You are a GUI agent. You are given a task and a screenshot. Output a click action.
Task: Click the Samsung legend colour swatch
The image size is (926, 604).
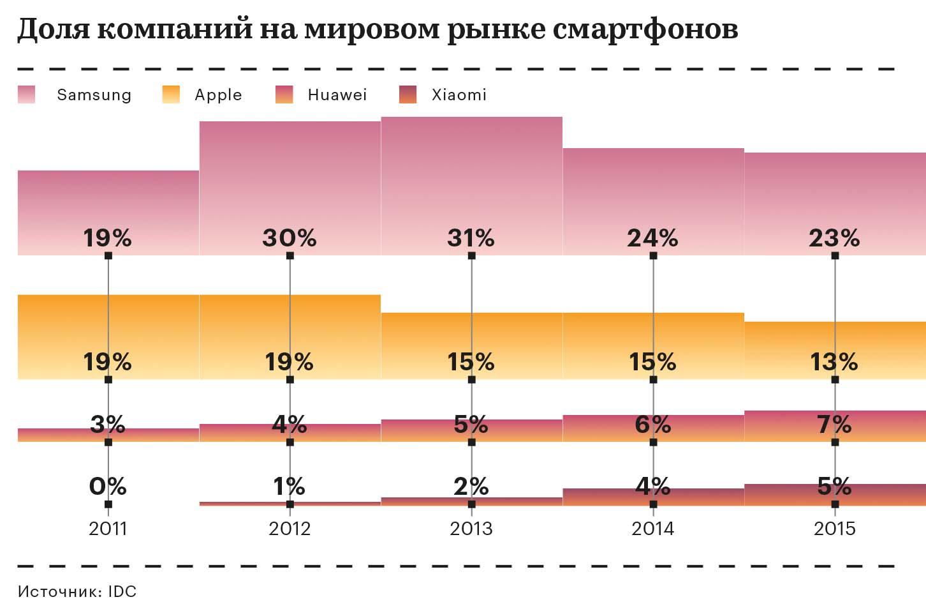pyautogui.click(x=27, y=94)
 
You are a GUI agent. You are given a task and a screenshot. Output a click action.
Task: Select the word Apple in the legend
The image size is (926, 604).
pyautogui.click(x=218, y=94)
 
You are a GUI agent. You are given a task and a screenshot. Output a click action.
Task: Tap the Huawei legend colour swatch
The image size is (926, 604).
pyautogui.click(x=284, y=94)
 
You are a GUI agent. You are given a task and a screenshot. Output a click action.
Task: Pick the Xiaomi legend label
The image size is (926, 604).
pyautogui.click(x=459, y=94)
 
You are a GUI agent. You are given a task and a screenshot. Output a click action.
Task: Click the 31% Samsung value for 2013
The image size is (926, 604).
pyautogui.click(x=471, y=238)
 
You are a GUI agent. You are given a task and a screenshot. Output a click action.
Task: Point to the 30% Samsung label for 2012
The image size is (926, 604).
pyautogui.click(x=290, y=238)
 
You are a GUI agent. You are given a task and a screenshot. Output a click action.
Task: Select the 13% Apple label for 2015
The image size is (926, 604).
pyautogui.click(x=834, y=362)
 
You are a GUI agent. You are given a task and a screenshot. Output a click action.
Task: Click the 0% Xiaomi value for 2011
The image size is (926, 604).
pyautogui.click(x=108, y=487)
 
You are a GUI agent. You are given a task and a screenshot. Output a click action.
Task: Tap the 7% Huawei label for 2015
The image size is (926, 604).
pyautogui.click(x=834, y=424)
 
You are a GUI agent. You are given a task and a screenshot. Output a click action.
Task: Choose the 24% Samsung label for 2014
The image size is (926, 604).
pyautogui.click(x=652, y=238)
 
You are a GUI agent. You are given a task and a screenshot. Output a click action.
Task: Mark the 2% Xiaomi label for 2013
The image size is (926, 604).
pyautogui.click(x=471, y=487)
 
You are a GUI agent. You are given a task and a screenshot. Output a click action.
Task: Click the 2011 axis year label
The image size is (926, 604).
pyautogui.click(x=108, y=529)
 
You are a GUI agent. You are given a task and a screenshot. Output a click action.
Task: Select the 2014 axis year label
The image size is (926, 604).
pyautogui.click(x=652, y=529)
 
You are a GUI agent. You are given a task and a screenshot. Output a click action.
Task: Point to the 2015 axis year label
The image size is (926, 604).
pyautogui.click(x=834, y=529)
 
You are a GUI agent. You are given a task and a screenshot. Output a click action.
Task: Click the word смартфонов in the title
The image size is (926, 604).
pyautogui.click(x=645, y=29)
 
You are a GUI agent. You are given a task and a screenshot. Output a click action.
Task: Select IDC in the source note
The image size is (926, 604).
pyautogui.click(x=122, y=591)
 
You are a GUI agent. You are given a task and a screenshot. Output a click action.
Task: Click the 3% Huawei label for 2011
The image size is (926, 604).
pyautogui.click(x=108, y=424)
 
